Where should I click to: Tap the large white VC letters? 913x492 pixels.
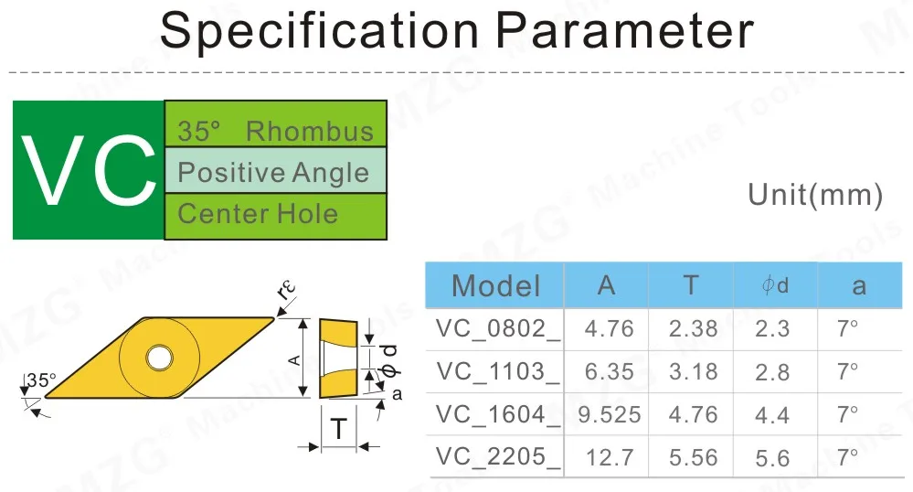(88, 171)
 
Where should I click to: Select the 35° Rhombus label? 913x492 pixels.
(275, 131)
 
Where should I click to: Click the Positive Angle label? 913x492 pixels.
(273, 172)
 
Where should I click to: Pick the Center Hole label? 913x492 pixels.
(258, 214)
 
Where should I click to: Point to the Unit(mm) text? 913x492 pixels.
(815, 195)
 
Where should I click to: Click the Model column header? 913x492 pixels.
(495, 285)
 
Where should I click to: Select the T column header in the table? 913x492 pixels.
(691, 285)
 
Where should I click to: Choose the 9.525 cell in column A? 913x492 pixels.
(610, 413)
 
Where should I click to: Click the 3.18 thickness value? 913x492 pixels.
(693, 370)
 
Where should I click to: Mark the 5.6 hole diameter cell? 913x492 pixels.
(772, 456)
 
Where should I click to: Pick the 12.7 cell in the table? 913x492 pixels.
(610, 456)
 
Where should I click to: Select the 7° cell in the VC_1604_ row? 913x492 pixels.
(848, 413)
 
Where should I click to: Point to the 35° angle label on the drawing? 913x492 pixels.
(41, 380)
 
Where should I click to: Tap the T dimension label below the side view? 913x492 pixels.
(338, 427)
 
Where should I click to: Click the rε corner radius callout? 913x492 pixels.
(287, 292)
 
